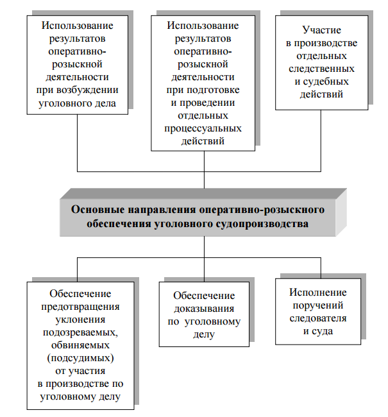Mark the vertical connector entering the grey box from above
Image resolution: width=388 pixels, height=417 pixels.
pos(205,181)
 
